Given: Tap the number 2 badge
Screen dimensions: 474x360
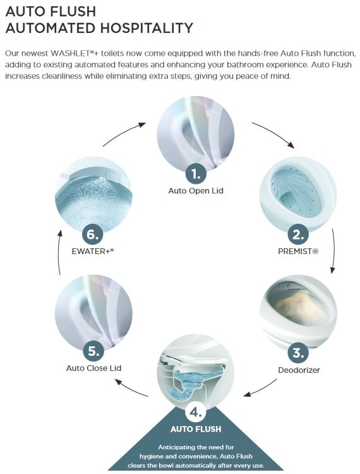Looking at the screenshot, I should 297,235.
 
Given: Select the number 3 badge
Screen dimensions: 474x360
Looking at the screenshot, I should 296,351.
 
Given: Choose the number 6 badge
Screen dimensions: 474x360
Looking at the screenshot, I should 92,234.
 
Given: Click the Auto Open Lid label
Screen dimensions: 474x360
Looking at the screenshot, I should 195,190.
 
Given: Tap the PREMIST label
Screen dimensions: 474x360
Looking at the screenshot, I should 297,252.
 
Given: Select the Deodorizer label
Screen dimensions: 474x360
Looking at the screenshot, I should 299,369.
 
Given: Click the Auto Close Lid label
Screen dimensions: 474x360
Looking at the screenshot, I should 93,368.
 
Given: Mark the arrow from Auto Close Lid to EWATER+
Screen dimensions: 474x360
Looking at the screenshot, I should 59,252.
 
